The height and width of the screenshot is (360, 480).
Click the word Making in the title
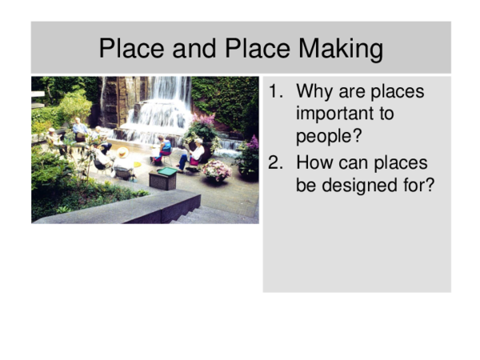[x=341, y=49]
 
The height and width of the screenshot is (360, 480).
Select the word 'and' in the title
[x=195, y=49]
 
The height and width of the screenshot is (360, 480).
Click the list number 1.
[x=275, y=92]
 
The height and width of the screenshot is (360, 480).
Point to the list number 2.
[x=275, y=163]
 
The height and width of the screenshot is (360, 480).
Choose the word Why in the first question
[x=315, y=92]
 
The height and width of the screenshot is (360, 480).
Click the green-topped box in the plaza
[x=163, y=177]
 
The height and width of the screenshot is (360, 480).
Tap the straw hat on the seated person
[x=122, y=152]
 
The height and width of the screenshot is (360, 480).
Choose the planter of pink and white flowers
[x=216, y=170]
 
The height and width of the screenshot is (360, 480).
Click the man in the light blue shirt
[x=79, y=128]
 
